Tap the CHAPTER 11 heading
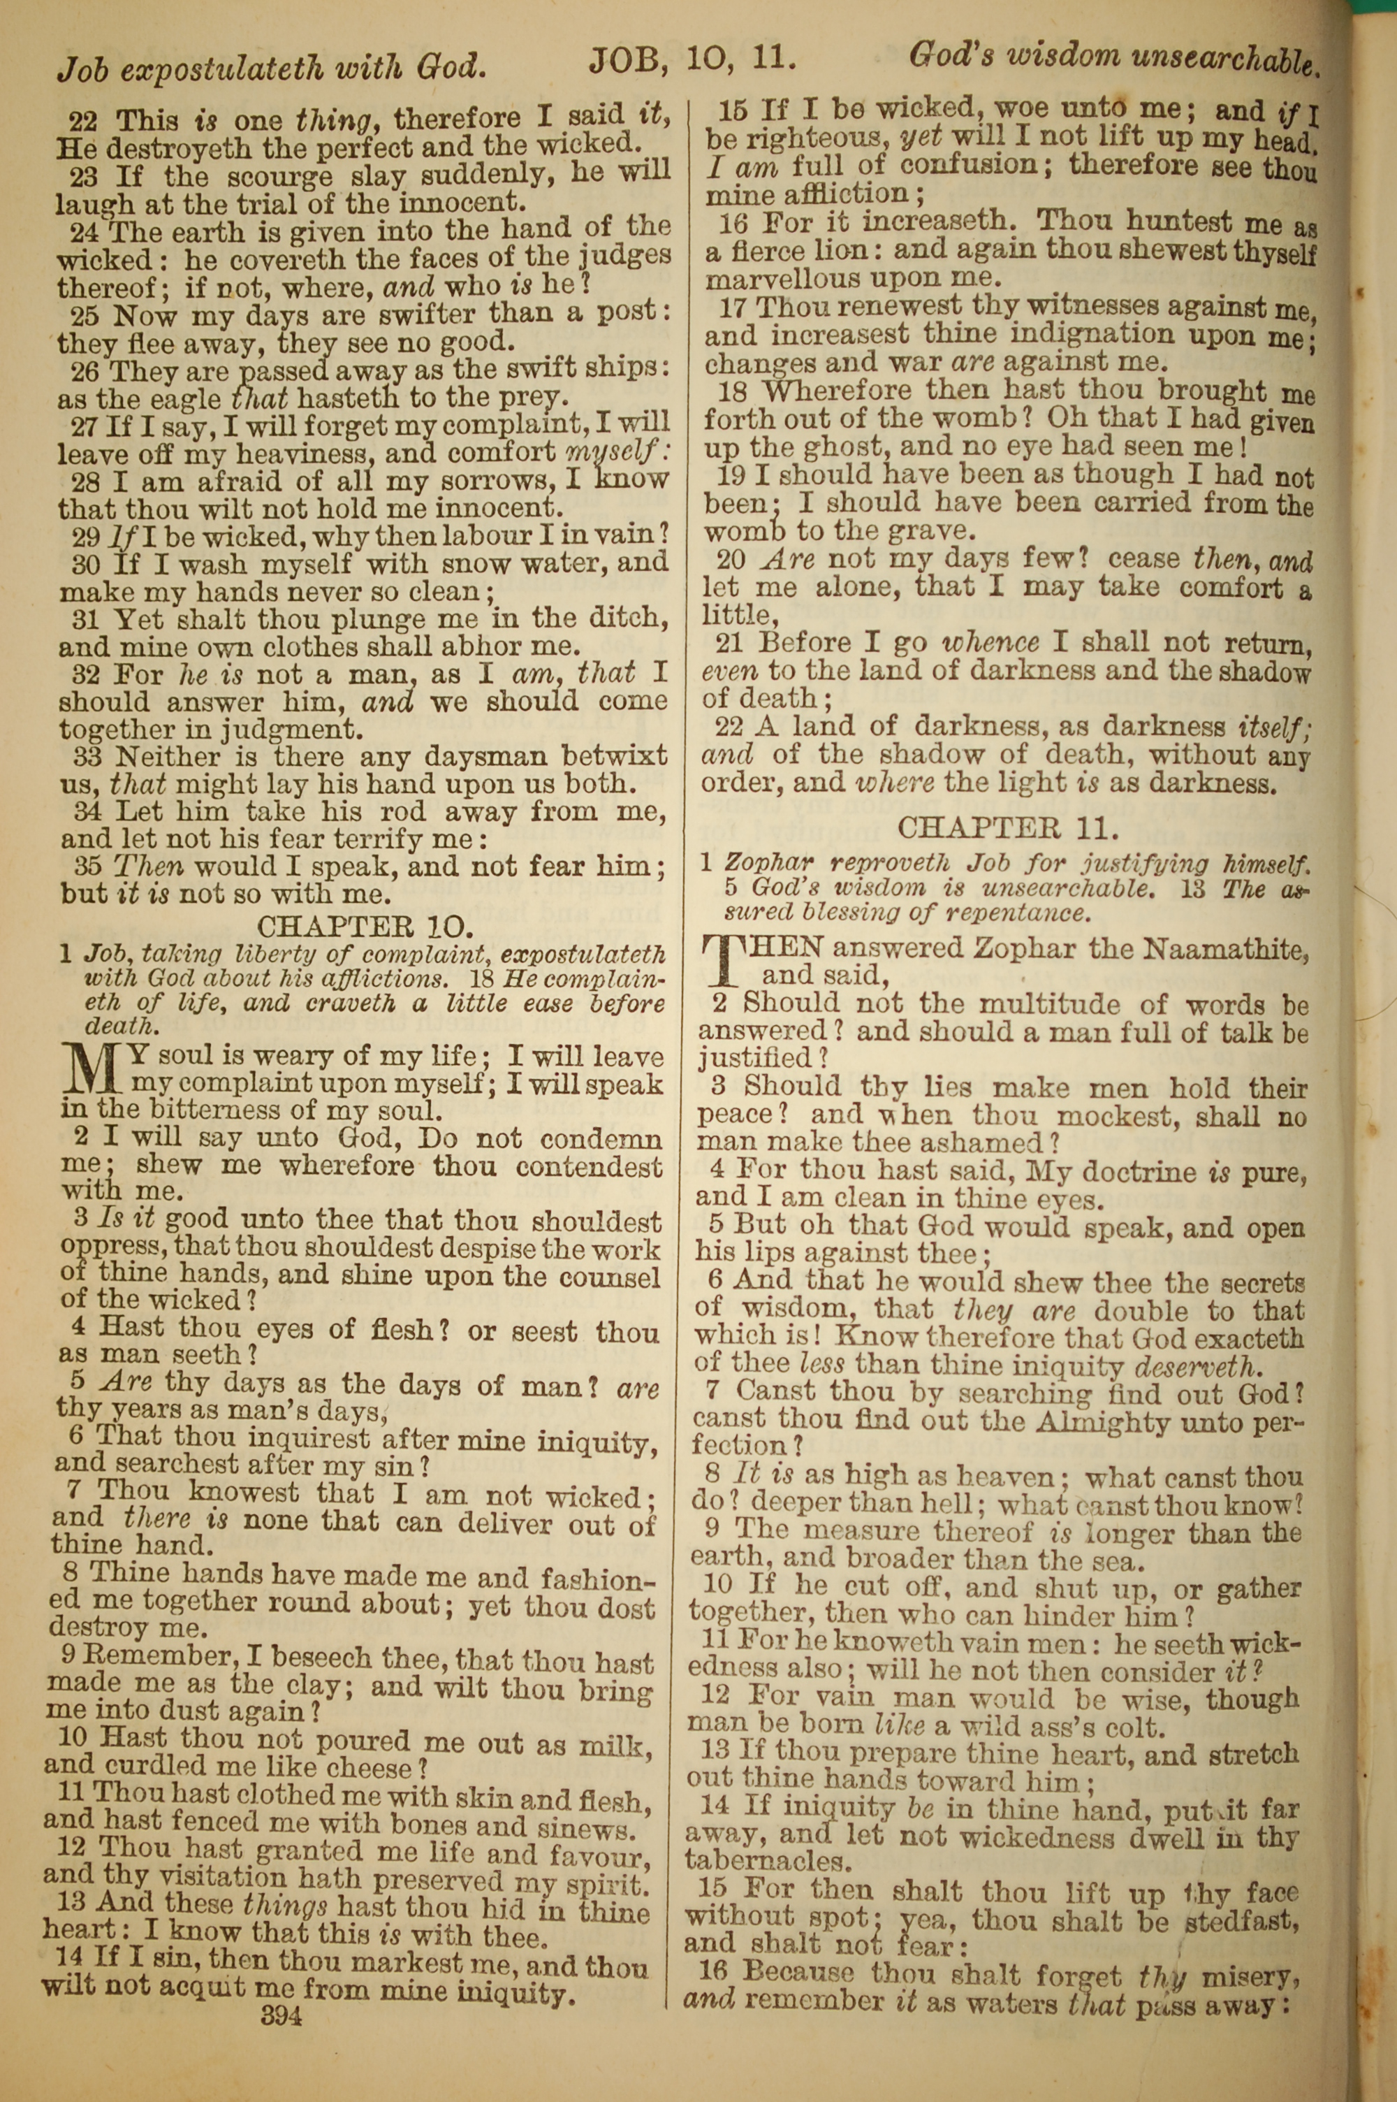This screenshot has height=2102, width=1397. pyautogui.click(x=1007, y=829)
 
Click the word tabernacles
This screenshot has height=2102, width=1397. pyautogui.click(x=766, y=1862)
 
